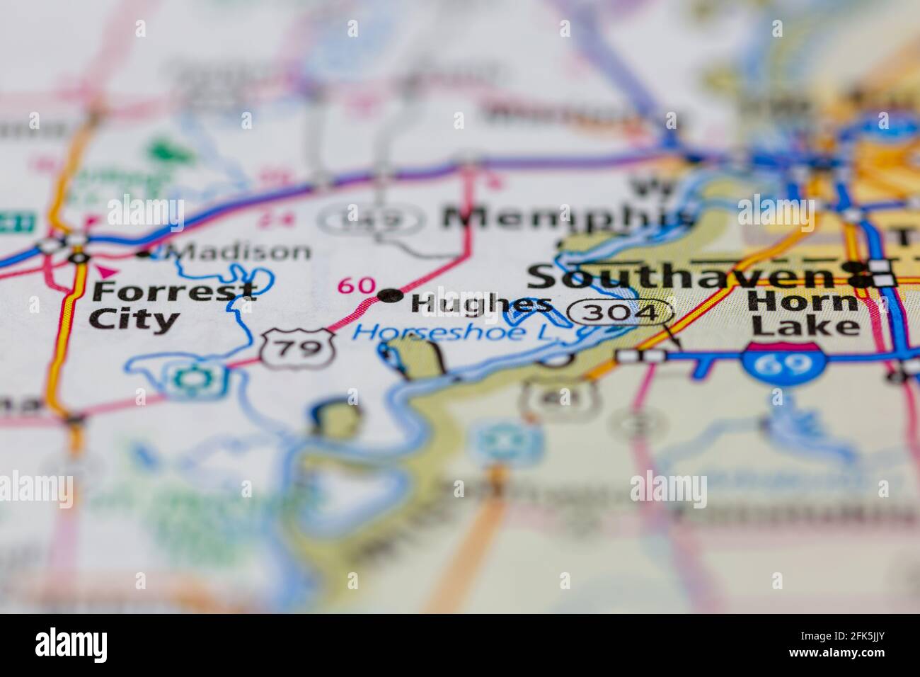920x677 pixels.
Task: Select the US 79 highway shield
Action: [297, 347]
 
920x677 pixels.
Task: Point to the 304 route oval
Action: [621, 312]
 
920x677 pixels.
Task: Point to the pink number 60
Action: [357, 285]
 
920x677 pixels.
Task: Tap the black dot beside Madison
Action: [145, 254]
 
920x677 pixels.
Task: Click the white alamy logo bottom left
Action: [72, 645]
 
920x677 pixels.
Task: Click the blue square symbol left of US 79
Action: [192, 377]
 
